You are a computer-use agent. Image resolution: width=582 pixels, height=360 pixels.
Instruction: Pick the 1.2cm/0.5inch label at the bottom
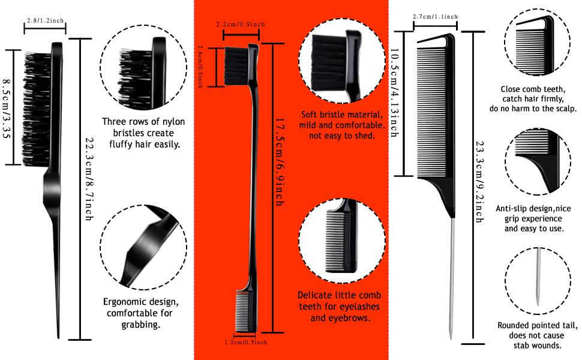point(245,342)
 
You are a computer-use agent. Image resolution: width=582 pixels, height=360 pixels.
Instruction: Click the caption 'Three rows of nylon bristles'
point(143,133)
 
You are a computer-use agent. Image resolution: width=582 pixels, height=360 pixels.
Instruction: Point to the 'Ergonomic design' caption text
point(140,313)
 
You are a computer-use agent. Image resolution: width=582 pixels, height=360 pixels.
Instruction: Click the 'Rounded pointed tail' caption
point(537,335)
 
